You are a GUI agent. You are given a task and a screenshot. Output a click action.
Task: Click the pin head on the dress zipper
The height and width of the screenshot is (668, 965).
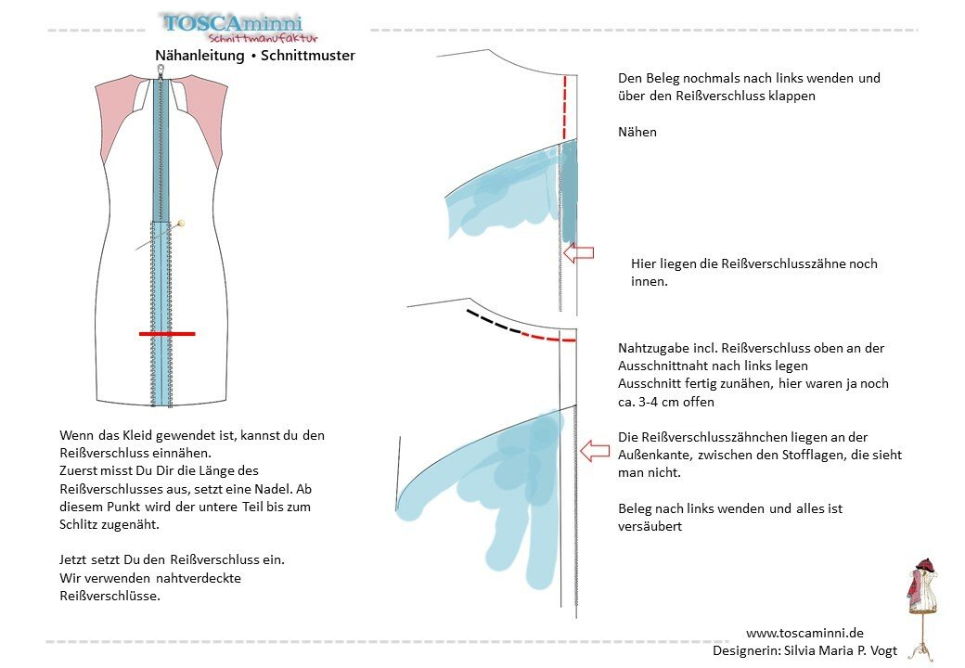point(181,223)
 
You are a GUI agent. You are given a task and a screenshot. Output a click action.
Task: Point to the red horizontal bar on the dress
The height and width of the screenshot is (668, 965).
point(167,332)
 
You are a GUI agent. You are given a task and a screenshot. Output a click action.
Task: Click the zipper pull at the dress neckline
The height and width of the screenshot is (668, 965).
point(160,71)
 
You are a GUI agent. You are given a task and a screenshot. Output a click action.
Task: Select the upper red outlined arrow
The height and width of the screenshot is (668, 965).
point(578,252)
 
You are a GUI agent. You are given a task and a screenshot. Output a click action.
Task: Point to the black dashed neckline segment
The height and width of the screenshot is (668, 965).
point(493,322)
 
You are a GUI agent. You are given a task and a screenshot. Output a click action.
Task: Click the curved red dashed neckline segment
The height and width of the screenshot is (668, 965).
point(548,338)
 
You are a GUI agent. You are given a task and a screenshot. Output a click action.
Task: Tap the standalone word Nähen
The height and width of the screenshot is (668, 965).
point(637,132)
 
